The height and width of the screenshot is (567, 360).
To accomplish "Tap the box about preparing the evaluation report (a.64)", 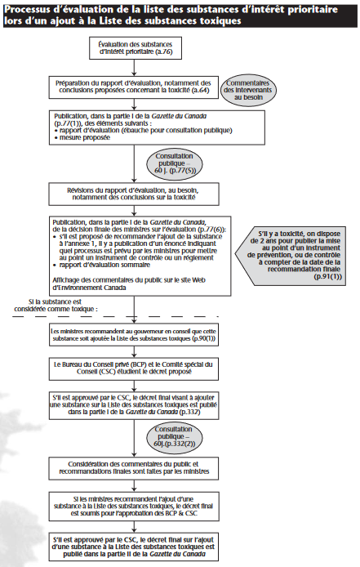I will click(133, 87).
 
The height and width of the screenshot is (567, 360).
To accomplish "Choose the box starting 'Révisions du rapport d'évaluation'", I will click(135, 194).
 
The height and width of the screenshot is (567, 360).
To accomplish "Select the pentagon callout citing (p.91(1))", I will click(295, 255).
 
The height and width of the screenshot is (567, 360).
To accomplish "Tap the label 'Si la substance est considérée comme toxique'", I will click(56, 306).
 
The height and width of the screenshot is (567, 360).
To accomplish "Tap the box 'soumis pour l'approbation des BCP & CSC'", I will click(134, 505).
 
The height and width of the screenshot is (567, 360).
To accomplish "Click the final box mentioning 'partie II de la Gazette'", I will click(134, 543).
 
